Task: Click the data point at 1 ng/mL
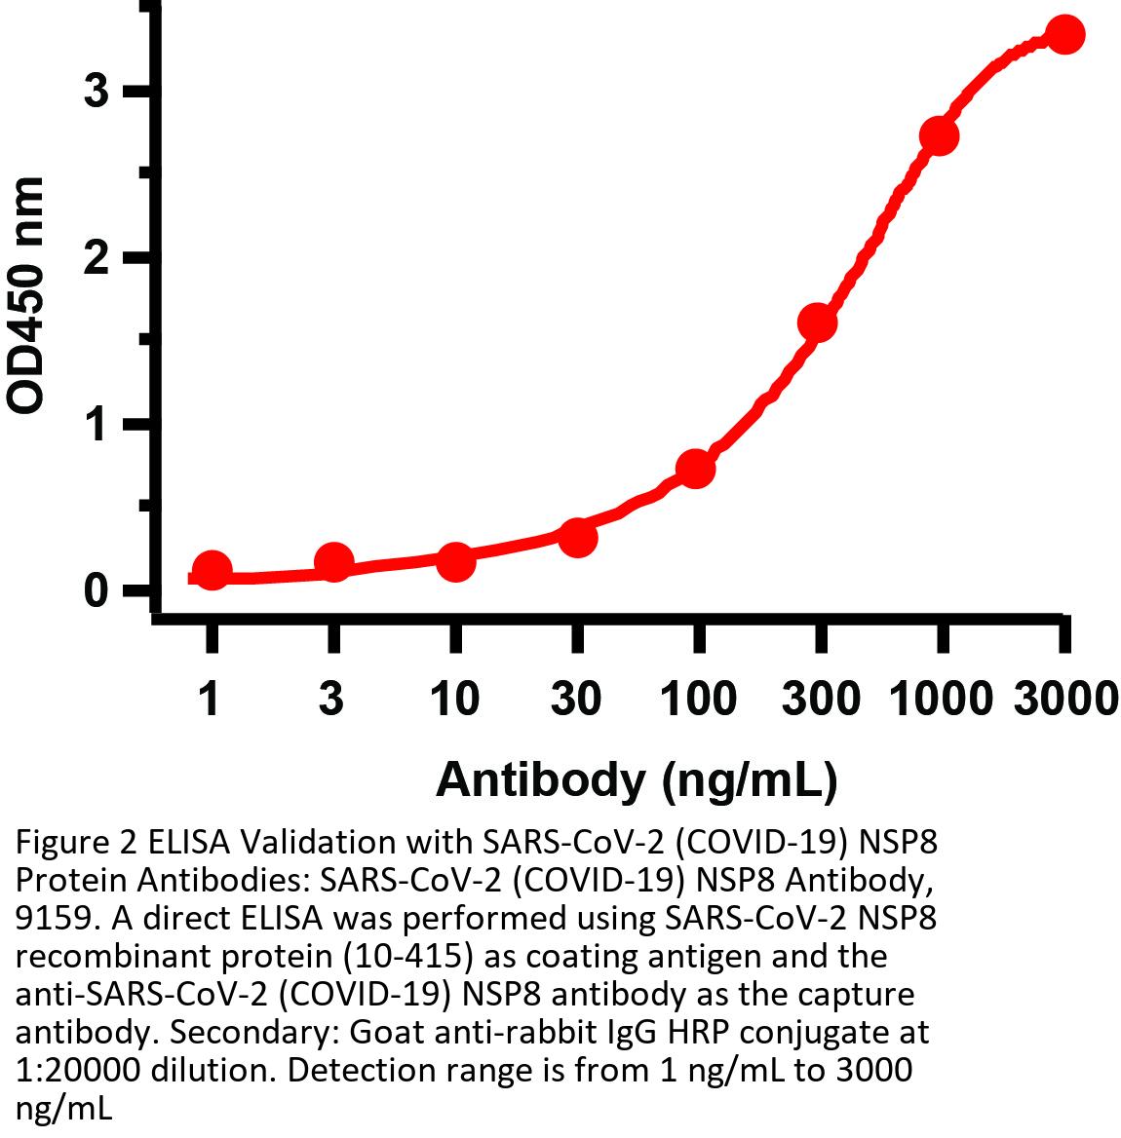coord(212,571)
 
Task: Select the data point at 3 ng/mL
coord(333,562)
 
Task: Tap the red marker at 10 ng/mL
coord(455,561)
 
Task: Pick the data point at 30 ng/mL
coord(578,536)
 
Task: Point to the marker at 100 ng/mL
coord(696,469)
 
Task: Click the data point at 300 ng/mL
coord(817,322)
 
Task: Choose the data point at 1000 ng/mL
coord(939,135)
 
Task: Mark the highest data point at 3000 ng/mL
coord(1064,35)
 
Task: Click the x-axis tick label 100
coord(698,700)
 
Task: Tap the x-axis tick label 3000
coord(1065,700)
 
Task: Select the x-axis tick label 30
coord(577,700)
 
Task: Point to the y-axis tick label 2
coord(95,258)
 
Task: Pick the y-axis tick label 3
coord(95,92)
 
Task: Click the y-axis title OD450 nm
coord(26,295)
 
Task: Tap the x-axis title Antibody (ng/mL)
coord(636,779)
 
